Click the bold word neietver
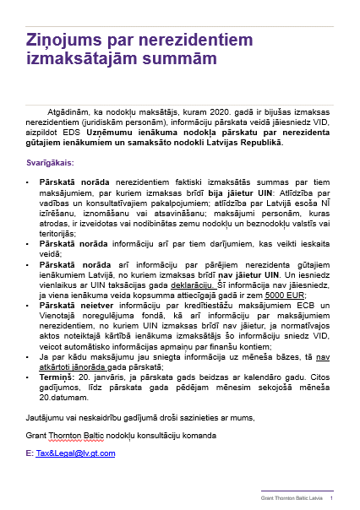coord(82,296)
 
